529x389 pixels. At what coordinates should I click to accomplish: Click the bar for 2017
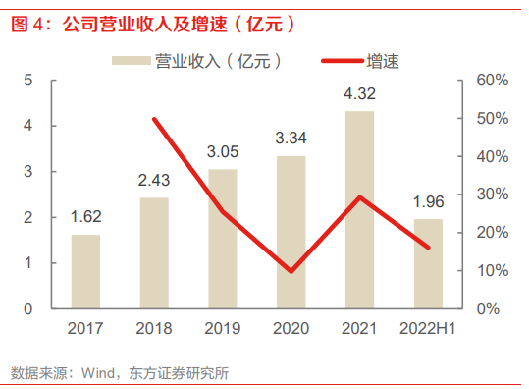pos(85,271)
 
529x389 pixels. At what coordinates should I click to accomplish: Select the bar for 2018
pos(154,252)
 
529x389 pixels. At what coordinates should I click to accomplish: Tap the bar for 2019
pos(223,239)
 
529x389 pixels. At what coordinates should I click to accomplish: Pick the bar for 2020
pos(291,232)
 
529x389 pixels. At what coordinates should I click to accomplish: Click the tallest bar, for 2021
pos(360,209)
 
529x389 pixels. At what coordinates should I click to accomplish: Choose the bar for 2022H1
pos(429,263)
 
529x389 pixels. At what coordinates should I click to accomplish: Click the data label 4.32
pos(360,95)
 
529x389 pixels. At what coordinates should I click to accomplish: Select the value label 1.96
pos(429,202)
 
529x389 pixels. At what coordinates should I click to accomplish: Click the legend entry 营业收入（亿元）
pos(202,61)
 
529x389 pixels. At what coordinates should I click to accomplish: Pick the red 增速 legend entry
pos(361,61)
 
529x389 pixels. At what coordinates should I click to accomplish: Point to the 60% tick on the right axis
pos(491,80)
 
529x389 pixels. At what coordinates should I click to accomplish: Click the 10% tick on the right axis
pos(491,270)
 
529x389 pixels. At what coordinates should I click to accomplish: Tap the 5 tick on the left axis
pos(29,80)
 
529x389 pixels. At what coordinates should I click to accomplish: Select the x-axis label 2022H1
pos(429,328)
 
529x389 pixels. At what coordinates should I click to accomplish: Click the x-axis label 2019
pos(223,328)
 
